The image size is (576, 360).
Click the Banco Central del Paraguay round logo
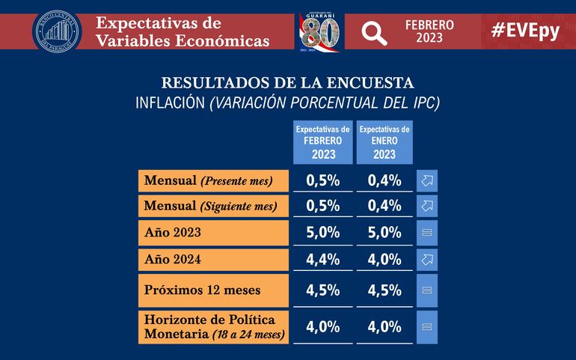pyautogui.click(x=57, y=31)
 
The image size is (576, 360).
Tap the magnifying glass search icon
pyautogui.click(x=374, y=31)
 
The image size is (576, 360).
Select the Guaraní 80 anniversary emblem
pyautogui.click(x=319, y=32)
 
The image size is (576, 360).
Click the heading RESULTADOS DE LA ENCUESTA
pyautogui.click(x=288, y=82)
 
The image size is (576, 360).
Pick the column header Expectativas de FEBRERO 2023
pyautogui.click(x=323, y=142)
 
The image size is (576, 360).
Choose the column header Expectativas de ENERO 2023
pyautogui.click(x=384, y=142)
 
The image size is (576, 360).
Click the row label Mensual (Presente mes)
pyautogui.click(x=213, y=180)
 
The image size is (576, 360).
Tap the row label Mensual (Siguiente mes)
pyautogui.click(x=213, y=205)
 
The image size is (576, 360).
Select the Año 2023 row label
pyautogui.click(x=213, y=233)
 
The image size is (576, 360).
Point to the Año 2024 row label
pyautogui.click(x=213, y=260)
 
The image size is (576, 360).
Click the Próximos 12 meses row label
pyautogui.click(x=213, y=289)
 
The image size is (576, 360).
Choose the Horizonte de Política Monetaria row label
pyautogui.click(x=213, y=326)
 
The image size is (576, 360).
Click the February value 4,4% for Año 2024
pyautogui.click(x=323, y=260)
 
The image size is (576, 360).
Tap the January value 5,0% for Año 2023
pyautogui.click(x=384, y=233)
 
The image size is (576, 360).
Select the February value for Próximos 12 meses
pyautogui.click(x=323, y=289)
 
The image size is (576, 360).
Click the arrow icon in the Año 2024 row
pyautogui.click(x=428, y=260)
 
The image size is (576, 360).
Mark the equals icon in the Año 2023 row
pyautogui.click(x=428, y=233)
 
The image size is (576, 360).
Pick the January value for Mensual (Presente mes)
pyautogui.click(x=384, y=180)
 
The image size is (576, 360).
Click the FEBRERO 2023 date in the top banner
pyautogui.click(x=429, y=31)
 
